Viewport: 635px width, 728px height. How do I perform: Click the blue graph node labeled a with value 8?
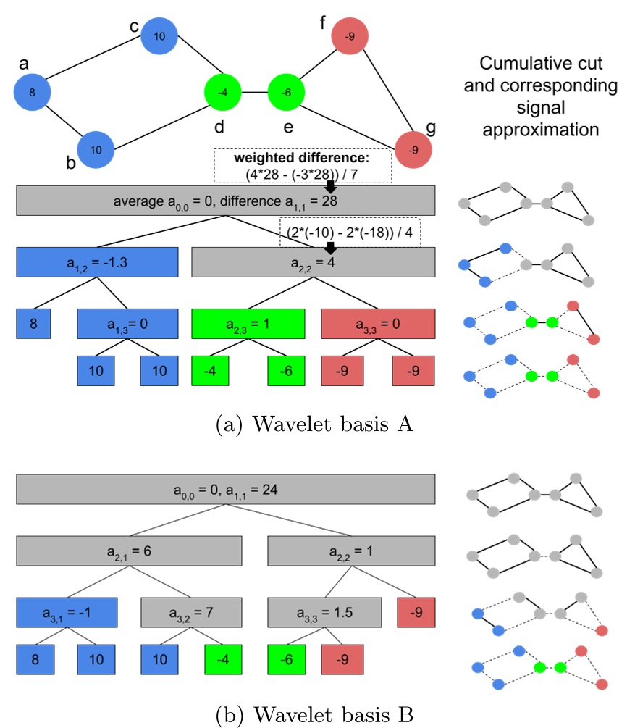pos(33,92)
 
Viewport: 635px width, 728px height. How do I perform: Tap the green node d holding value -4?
pos(224,93)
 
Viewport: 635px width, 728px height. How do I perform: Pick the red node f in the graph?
pos(350,35)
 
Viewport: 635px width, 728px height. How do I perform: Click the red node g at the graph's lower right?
pos(413,150)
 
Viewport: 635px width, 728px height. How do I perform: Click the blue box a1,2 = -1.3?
pos(97,262)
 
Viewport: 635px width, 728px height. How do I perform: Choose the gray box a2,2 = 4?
pos(313,262)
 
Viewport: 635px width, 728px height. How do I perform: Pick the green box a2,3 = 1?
pos(247,323)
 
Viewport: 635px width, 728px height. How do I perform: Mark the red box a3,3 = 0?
pos(377,323)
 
